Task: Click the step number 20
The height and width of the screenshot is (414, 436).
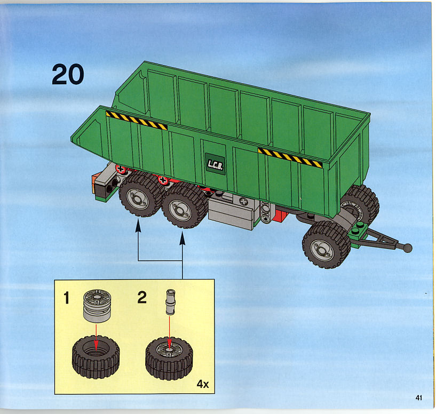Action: point(68,74)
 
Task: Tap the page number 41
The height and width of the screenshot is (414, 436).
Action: point(418,397)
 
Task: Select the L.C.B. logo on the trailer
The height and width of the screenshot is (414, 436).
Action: point(215,164)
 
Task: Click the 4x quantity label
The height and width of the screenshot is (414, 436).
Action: point(202,384)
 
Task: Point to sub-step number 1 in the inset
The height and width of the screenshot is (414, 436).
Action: point(66,298)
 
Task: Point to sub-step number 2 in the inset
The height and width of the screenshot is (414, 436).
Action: point(142,298)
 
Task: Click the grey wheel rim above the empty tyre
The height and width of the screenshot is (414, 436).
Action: point(97,306)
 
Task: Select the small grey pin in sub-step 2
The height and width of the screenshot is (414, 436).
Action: point(170,302)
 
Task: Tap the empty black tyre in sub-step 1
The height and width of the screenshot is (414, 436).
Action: point(96,357)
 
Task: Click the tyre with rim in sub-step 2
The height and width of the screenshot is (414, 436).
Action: point(169,358)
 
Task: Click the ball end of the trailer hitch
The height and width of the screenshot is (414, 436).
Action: point(407,248)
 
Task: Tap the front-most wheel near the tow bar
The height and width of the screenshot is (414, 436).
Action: point(326,245)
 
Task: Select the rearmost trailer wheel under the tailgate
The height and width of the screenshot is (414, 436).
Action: point(141,194)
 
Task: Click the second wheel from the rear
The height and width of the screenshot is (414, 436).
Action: point(185,205)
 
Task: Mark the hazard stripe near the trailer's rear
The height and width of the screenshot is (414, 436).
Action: point(137,121)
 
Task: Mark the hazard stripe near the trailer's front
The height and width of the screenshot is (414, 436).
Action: point(290,157)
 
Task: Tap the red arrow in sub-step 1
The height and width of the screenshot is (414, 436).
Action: point(96,337)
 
